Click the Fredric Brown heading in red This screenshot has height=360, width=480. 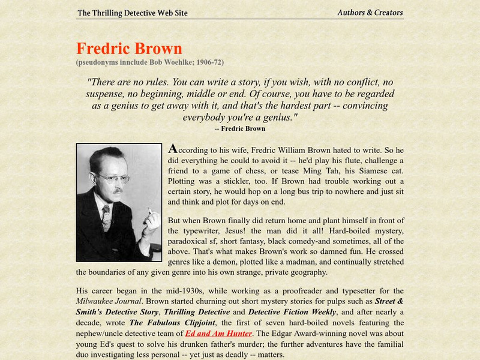pos(129,49)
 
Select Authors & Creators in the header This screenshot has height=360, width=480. pos(370,13)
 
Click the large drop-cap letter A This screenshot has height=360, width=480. pos(173,148)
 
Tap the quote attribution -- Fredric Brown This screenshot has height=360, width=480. pos(239,128)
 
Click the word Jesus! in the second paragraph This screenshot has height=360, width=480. pos(241,230)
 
